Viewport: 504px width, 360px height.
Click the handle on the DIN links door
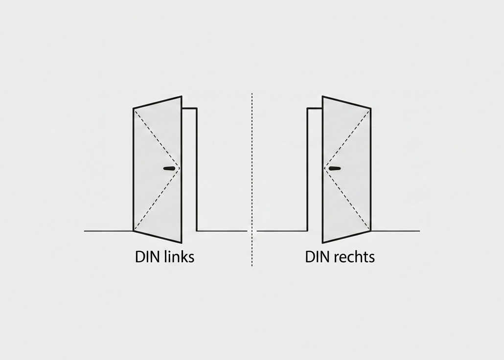click(x=169, y=168)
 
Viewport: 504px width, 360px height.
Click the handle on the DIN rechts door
click(x=335, y=168)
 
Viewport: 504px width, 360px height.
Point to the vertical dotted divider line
click(x=252, y=180)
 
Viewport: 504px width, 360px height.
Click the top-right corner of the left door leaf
click(x=182, y=96)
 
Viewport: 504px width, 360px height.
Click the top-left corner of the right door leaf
click(x=322, y=96)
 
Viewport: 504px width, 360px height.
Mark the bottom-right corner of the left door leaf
click(x=182, y=242)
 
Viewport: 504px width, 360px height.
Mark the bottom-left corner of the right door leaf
click(x=322, y=242)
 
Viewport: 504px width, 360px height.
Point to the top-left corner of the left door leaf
click(x=134, y=108)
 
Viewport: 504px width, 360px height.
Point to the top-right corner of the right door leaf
click(x=370, y=108)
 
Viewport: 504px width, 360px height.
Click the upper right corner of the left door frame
click(x=197, y=108)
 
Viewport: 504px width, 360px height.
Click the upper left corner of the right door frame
click(x=308, y=108)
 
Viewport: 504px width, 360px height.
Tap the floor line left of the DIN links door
click(x=109, y=231)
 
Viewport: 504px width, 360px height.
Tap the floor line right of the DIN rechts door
click(x=395, y=231)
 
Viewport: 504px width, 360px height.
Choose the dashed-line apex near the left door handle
click(x=180, y=168)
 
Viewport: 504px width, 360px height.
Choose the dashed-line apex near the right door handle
click(x=324, y=168)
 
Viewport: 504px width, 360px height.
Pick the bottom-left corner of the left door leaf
click(x=134, y=231)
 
